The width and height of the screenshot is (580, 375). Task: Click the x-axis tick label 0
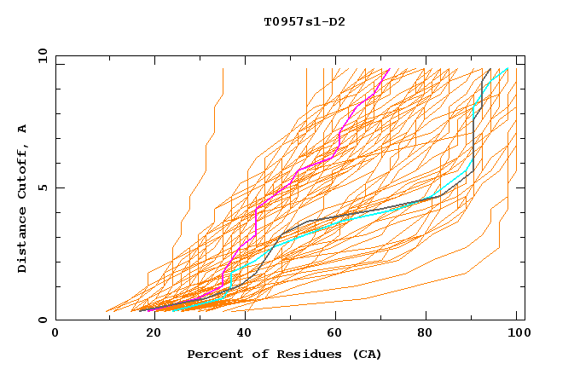56,333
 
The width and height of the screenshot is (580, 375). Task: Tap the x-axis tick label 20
148,333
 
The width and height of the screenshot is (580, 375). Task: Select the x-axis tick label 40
241,333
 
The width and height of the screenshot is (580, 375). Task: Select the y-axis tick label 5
44,187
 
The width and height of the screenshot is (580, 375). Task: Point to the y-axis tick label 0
44,320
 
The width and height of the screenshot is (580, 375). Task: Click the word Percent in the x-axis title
212,354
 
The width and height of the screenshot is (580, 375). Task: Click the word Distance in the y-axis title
23,244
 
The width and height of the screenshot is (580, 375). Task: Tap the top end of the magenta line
390,68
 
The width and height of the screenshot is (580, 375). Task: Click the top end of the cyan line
508,68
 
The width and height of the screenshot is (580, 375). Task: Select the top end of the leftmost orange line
223,68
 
